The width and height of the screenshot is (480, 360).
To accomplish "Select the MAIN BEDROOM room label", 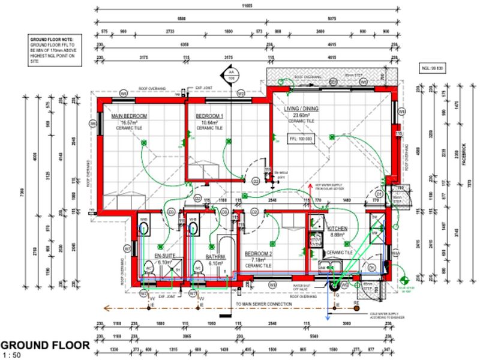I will (x=130, y=115).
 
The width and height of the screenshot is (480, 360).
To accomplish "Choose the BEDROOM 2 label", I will (x=259, y=254).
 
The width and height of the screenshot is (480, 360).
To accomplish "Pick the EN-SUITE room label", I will (x=164, y=256).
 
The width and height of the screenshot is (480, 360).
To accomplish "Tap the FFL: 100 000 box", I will (x=301, y=139).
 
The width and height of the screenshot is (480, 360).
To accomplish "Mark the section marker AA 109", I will (x=230, y=74).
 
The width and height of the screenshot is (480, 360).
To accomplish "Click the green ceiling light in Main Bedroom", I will (x=143, y=143).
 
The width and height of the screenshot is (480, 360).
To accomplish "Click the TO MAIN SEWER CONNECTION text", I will (x=263, y=304).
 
